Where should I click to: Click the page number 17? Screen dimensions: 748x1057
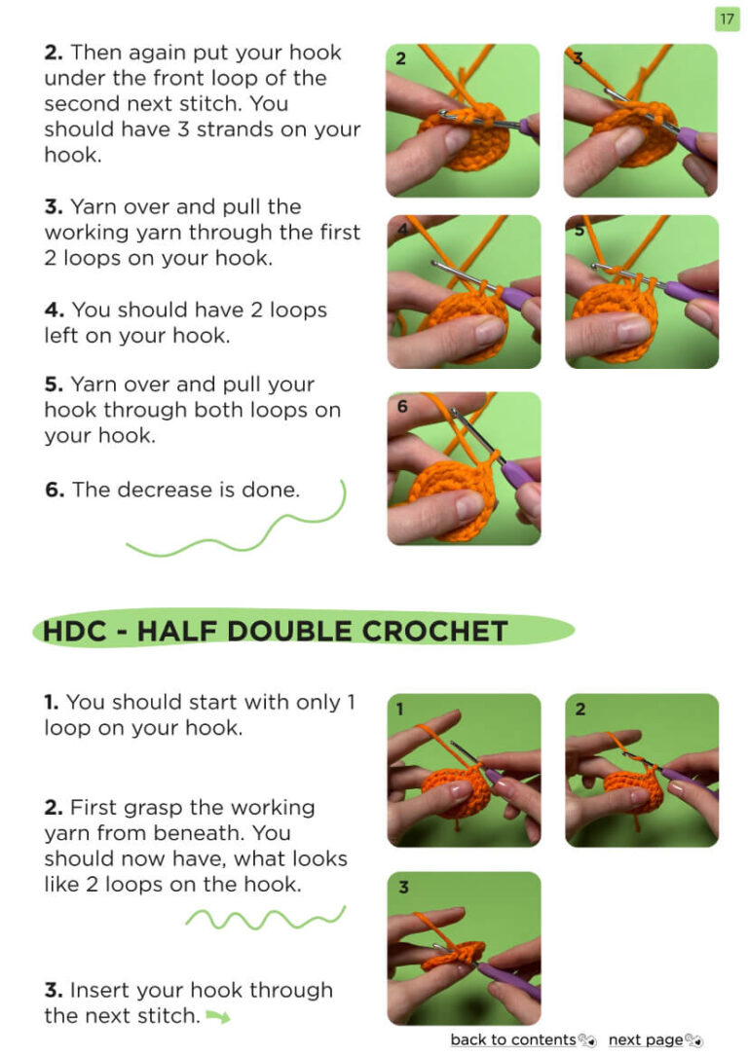[x=727, y=18]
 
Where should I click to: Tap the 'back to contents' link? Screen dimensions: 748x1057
[x=513, y=1039]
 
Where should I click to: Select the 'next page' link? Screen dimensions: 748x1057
[x=646, y=1040]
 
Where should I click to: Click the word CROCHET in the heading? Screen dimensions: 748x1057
[x=435, y=632]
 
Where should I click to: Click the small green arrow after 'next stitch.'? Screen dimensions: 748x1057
[x=218, y=1016]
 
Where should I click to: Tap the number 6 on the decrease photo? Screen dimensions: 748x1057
[x=402, y=407]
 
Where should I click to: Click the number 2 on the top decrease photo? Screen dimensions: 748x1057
[x=400, y=58]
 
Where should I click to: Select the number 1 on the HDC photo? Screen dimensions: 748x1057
[x=400, y=709]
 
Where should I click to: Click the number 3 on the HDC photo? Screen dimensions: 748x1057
[x=403, y=887]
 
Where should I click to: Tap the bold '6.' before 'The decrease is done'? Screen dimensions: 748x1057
[x=55, y=490]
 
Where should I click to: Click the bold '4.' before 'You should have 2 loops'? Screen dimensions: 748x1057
[x=55, y=310]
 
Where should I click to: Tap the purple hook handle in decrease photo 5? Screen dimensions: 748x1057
[x=690, y=292]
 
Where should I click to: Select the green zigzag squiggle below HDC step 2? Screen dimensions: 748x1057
[x=266, y=918]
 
